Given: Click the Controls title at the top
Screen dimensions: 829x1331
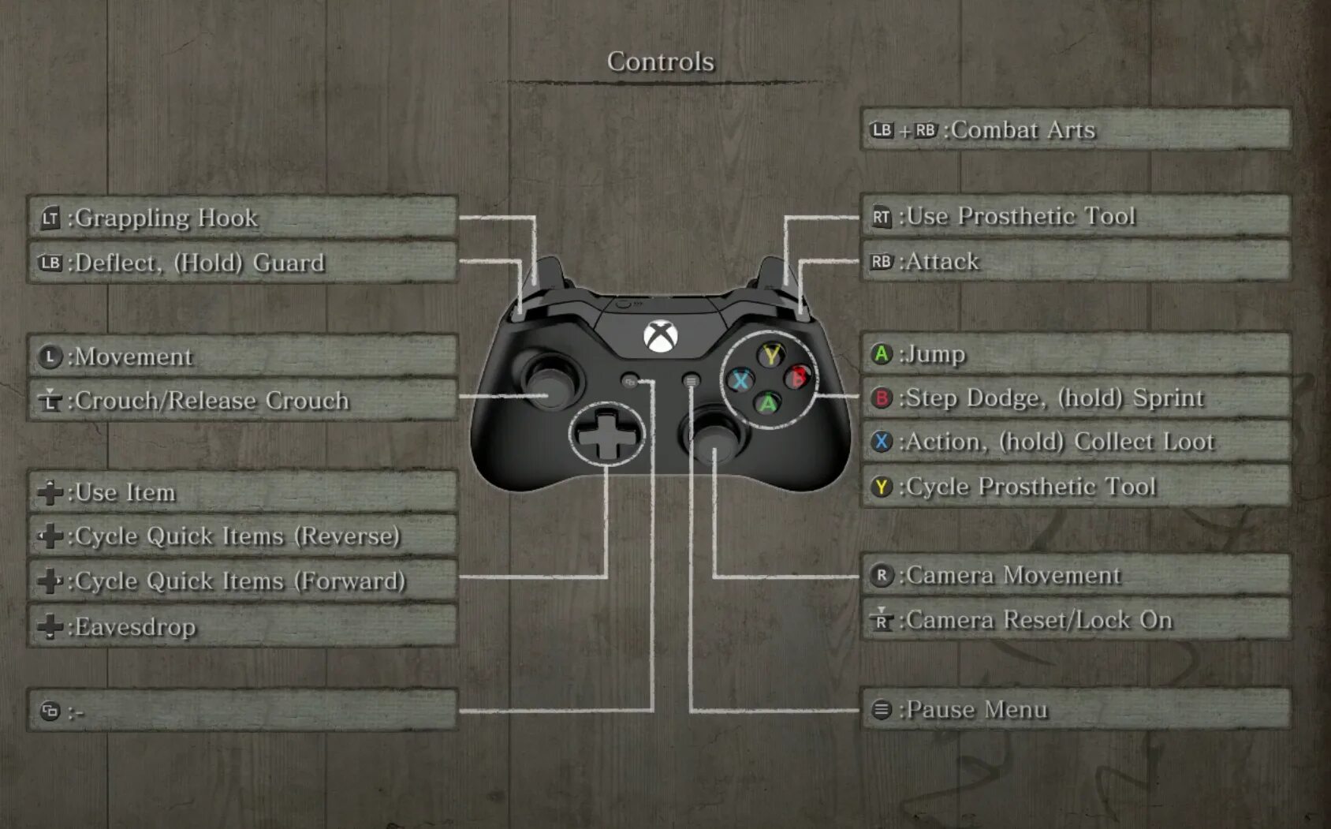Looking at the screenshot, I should [x=660, y=62].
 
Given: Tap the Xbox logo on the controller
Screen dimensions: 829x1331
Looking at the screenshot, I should [x=660, y=337].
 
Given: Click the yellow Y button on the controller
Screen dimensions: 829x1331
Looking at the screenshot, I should [x=771, y=354].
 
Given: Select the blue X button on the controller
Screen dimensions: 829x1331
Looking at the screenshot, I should [x=740, y=381].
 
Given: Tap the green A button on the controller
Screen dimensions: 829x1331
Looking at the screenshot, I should [x=768, y=404].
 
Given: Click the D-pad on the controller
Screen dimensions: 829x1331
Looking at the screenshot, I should [x=606, y=434].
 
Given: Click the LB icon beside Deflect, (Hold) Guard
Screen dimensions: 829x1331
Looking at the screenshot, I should [x=50, y=263].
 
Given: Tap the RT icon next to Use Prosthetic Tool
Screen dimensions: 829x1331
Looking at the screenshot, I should [x=881, y=217].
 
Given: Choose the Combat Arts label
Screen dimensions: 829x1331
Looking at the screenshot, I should [x=1023, y=130].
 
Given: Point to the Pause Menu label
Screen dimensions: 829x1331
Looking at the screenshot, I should [x=977, y=710].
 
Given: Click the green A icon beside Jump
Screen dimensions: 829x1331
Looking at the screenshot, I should [x=881, y=354].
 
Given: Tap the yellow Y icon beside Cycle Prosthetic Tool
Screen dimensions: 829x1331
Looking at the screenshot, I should [x=881, y=487].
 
